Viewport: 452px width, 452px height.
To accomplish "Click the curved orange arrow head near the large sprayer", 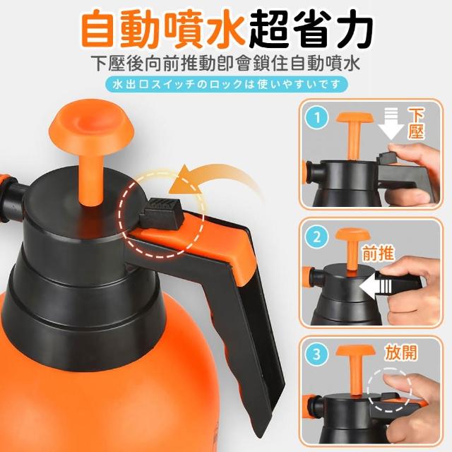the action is tap(184, 180).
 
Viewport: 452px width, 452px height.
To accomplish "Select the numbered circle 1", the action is tap(317, 118).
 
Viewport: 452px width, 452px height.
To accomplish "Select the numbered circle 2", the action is tap(317, 237).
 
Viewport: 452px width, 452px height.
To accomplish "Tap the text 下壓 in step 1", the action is tap(415, 124).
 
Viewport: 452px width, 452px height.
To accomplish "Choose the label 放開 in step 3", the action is tap(401, 352).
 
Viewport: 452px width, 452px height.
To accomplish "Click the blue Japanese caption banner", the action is tap(227, 85).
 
